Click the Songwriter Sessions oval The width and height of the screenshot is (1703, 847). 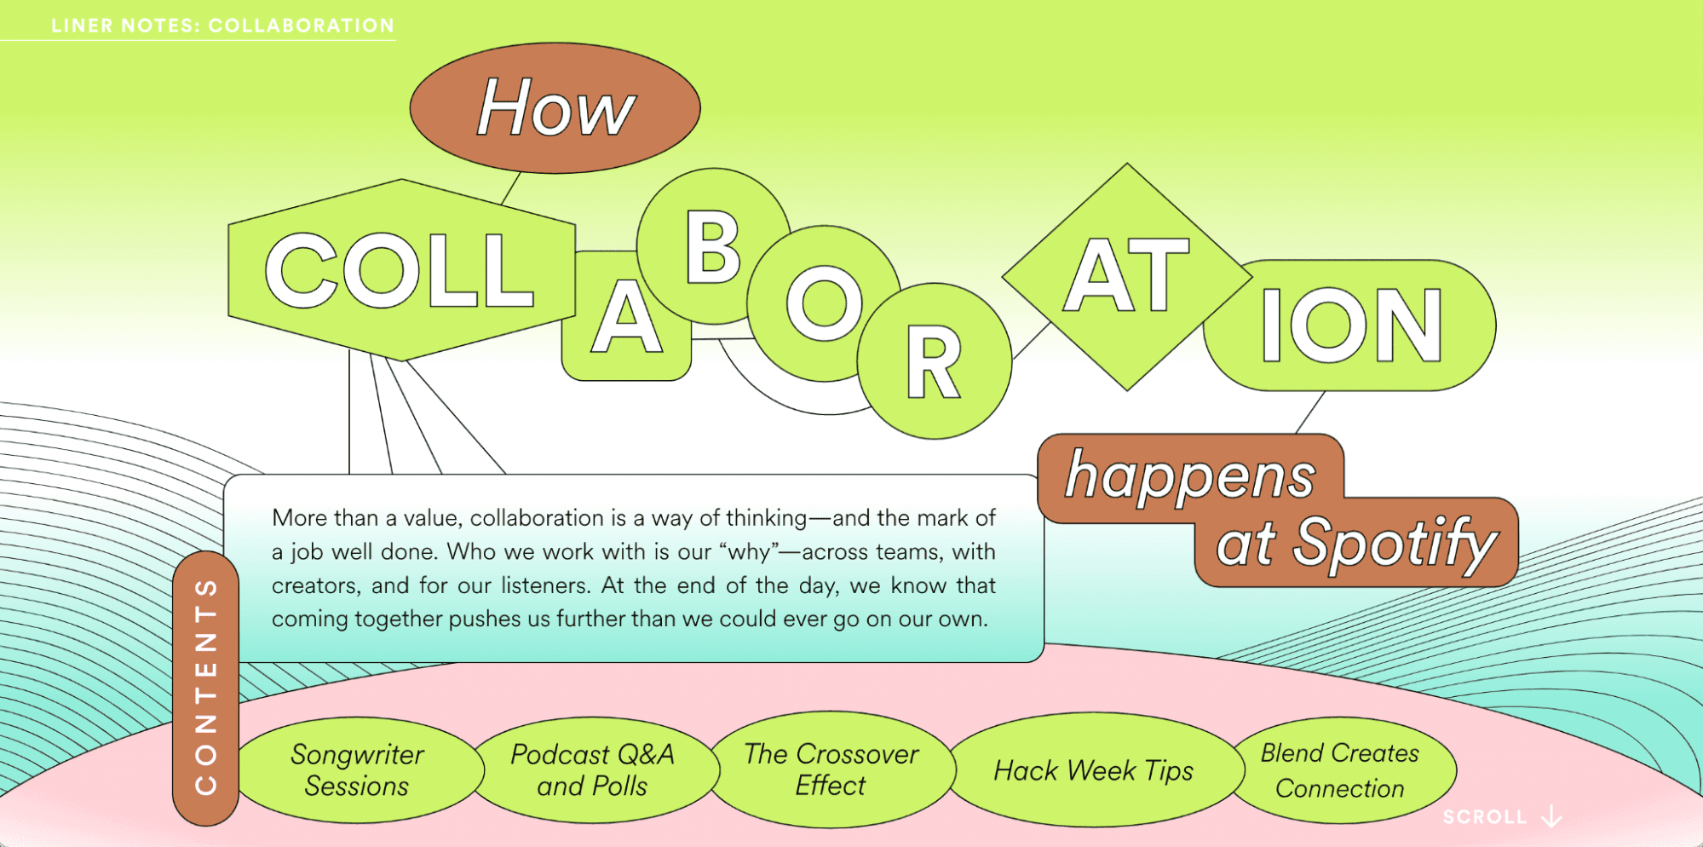(x=359, y=769)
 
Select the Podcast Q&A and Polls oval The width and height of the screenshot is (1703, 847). (x=593, y=769)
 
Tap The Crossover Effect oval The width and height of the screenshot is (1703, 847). (x=831, y=769)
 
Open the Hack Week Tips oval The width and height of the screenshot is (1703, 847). (x=1094, y=769)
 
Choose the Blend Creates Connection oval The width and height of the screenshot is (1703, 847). (x=1340, y=769)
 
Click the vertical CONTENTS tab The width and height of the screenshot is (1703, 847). (x=205, y=688)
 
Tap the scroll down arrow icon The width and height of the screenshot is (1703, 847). (x=1552, y=816)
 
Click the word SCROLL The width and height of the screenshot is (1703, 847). (x=1484, y=817)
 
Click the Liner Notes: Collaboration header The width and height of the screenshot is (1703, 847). (x=222, y=26)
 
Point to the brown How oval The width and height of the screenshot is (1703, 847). (x=555, y=108)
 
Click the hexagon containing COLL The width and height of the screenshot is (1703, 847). (x=401, y=270)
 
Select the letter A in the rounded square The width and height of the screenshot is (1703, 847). (x=626, y=317)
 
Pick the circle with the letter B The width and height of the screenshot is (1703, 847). (x=714, y=246)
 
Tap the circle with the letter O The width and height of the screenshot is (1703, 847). (x=824, y=303)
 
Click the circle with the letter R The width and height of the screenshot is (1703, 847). (x=935, y=361)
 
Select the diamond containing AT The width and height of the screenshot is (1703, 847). (x=1127, y=277)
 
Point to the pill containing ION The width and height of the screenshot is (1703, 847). (x=1349, y=326)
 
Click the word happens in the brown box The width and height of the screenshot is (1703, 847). (x=1190, y=475)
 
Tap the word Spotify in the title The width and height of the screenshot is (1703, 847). (x=1395, y=543)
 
